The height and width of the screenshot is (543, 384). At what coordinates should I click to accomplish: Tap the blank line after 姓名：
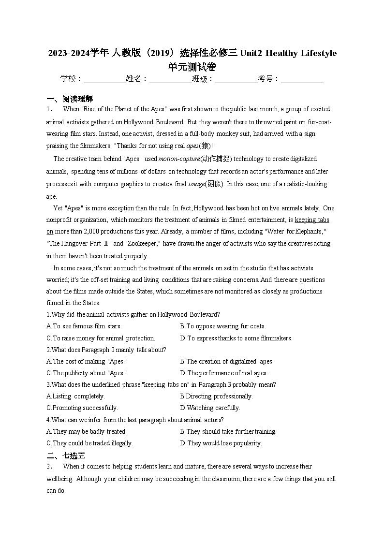170,79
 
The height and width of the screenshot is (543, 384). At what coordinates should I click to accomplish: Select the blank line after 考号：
302,79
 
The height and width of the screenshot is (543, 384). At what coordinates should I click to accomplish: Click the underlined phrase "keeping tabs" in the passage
312,220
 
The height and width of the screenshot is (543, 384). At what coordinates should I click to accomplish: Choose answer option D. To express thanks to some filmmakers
236,338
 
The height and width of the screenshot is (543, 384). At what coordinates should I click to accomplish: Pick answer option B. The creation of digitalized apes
227,361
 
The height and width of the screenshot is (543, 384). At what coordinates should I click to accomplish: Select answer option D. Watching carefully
210,408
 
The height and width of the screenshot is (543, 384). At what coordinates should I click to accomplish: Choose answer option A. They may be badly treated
87,431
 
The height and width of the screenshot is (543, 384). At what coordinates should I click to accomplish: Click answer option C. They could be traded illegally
89,443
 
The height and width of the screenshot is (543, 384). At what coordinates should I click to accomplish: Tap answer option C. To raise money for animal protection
101,338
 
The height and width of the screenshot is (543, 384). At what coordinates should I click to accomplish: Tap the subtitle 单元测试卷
192,67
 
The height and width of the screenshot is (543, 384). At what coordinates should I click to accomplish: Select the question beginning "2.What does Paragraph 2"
106,350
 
